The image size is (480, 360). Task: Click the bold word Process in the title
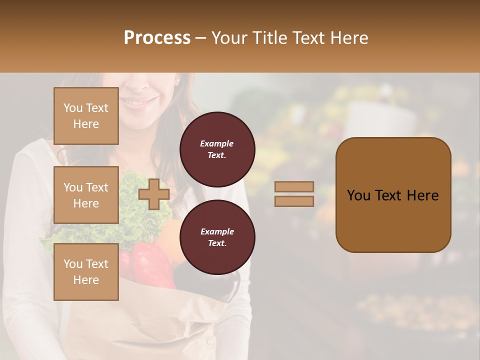coord(157,38)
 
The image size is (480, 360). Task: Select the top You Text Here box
coord(86,116)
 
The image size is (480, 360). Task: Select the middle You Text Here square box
coord(86,195)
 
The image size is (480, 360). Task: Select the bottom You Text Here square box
coord(86,272)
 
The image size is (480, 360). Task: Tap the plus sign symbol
coord(154,194)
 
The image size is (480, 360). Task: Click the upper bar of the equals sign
coord(294,187)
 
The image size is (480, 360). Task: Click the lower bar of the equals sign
coord(294,201)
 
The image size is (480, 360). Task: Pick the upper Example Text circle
coord(217,149)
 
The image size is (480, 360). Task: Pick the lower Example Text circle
coord(217,237)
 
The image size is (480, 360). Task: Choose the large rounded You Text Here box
coord(393,195)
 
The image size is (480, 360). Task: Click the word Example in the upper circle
coord(217,143)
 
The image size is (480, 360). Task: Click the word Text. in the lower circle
coord(217,243)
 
